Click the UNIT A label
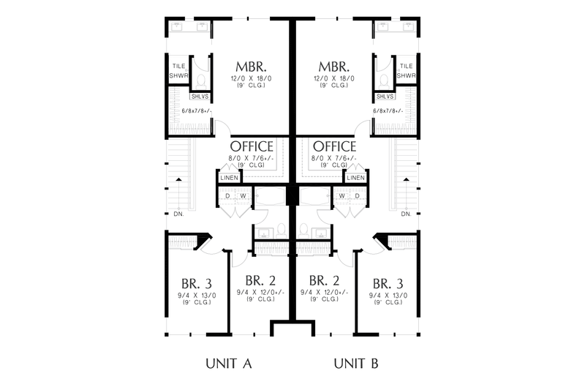point(228,363)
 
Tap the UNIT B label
point(356,363)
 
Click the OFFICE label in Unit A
point(252,146)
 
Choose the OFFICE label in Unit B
point(334,146)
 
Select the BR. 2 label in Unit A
point(261,280)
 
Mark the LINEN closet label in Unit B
point(355,178)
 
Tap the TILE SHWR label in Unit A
point(177,70)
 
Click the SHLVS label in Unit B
point(384,97)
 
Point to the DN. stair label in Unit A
point(178,214)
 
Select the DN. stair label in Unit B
point(407,214)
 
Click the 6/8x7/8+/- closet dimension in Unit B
point(390,111)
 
